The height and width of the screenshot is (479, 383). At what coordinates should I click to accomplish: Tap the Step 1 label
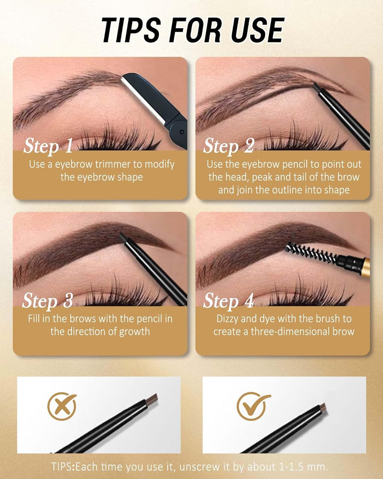coord(48,146)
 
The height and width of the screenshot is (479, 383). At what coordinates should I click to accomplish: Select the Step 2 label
coord(229,146)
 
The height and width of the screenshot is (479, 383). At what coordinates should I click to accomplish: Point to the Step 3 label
coord(47,301)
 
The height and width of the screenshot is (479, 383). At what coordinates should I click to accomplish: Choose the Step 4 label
coord(229,301)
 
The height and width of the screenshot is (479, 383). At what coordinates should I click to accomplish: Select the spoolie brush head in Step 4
coord(310,253)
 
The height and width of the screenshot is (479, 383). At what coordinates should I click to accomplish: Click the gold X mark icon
coord(62,406)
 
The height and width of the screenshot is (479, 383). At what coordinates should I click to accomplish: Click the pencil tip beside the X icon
coord(152,399)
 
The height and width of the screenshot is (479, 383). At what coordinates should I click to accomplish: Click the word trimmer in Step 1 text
coord(114,164)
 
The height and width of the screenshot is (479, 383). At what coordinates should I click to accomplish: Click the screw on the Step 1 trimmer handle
coord(181,132)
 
